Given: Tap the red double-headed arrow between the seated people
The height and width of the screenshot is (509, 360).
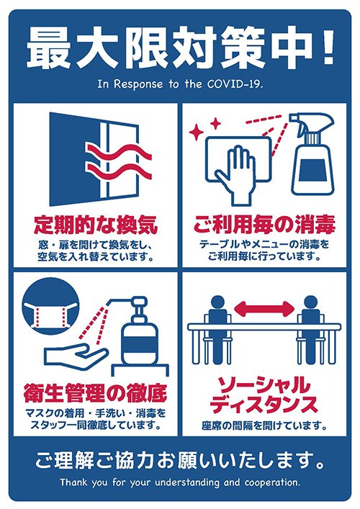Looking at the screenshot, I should (x=264, y=310).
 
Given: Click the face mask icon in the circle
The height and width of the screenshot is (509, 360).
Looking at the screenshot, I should (x=50, y=312).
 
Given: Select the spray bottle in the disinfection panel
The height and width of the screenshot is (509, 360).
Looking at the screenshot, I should (x=312, y=158).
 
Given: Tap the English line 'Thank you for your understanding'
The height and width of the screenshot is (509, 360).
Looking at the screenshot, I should (x=180, y=482).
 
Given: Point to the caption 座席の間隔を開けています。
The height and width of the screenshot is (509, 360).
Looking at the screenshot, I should (x=264, y=425).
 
